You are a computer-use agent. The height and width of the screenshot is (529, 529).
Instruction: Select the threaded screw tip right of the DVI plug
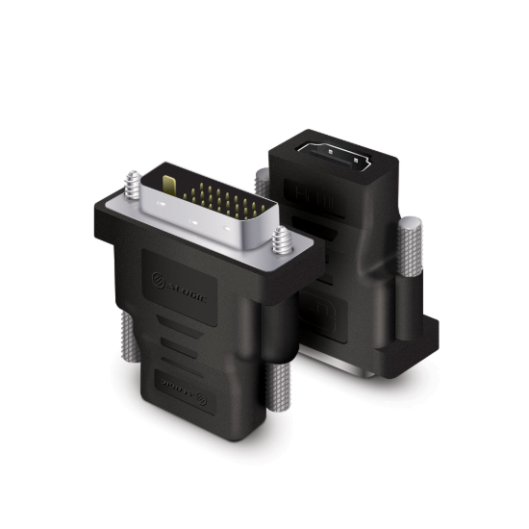(280, 236)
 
